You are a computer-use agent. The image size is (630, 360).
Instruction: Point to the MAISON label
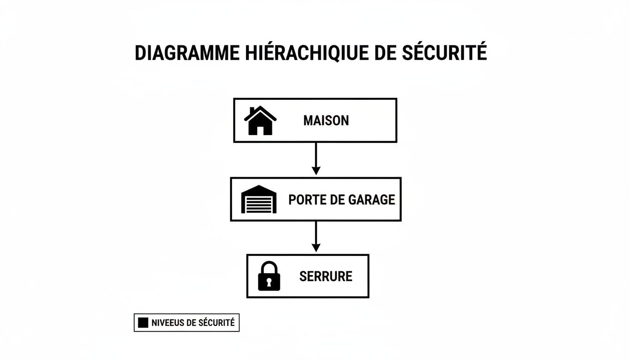[326, 120]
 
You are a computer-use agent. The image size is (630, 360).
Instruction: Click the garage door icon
[259, 200]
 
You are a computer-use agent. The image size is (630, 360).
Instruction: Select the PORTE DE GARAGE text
[341, 200]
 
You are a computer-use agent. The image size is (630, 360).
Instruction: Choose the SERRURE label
[325, 276]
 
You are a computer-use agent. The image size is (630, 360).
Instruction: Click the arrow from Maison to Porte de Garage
[316, 159]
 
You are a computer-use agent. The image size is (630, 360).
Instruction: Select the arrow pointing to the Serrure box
[316, 237]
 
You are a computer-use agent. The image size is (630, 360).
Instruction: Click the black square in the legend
[143, 323]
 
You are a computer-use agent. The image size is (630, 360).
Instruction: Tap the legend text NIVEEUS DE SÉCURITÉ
[193, 323]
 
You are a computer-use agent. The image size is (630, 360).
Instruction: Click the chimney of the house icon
[252, 111]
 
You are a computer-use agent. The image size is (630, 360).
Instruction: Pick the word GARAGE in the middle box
[372, 200]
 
